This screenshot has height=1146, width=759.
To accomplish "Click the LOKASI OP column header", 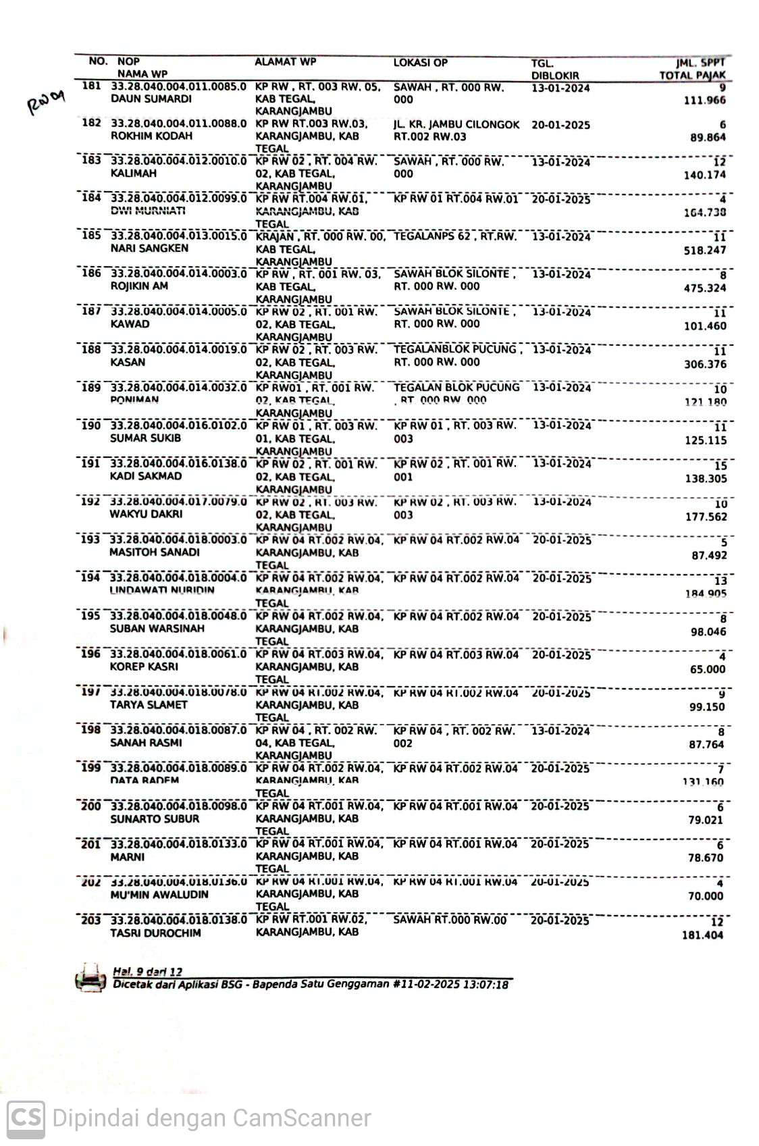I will point(420,63).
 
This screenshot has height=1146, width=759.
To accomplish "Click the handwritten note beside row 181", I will point(46,103).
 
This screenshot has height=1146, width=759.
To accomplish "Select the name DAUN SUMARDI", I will point(151,99).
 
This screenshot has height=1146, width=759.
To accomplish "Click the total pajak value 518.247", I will point(704,250).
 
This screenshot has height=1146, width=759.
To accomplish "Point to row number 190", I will point(90,425).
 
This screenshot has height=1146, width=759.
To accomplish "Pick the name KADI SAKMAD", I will point(146,476).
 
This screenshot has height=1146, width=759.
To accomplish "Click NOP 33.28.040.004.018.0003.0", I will point(178,540).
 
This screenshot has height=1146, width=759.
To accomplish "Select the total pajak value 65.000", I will point(707,669).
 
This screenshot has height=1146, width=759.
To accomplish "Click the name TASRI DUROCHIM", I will point(155,933).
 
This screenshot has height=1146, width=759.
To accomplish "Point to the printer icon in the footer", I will point(90,978).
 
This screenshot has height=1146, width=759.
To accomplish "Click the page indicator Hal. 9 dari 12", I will point(147,971).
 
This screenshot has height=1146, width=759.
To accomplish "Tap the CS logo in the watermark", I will point(26,1118).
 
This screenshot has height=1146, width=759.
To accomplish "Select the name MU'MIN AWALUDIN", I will point(159,895).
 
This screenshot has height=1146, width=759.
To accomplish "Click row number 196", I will point(90,654).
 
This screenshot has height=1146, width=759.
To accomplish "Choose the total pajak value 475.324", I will point(704,288).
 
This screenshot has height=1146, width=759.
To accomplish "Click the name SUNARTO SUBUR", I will point(155,819).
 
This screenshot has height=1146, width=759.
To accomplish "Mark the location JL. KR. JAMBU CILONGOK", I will point(456,125).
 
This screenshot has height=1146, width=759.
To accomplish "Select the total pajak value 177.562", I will point(705,517).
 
